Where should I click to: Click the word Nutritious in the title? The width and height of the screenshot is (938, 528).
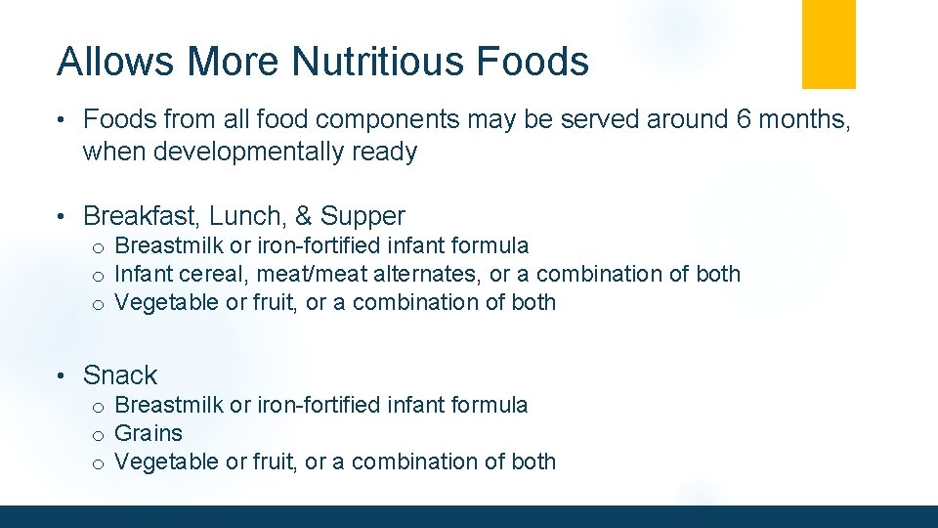[x=374, y=62]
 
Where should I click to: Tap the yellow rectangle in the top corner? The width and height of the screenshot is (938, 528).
[x=829, y=44]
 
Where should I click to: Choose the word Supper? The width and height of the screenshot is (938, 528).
[x=362, y=216]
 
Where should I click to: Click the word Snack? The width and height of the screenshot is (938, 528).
[x=120, y=375]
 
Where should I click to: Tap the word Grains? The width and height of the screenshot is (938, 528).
[x=149, y=433]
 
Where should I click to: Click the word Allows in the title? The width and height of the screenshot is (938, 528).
[x=117, y=62]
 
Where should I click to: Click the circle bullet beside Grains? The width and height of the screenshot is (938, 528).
[x=99, y=435]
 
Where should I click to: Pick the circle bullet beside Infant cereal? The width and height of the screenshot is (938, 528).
[x=99, y=276]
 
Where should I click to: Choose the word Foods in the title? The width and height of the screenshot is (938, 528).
[x=533, y=62]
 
